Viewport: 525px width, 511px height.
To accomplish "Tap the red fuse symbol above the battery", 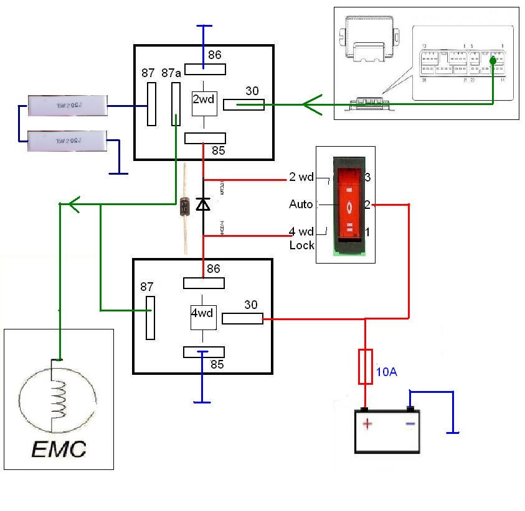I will pyautogui.click(x=366, y=366).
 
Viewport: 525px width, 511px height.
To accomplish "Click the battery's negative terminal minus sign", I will pyautogui.click(x=410, y=424).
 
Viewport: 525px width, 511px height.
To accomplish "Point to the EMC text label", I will pyautogui.click(x=60, y=448).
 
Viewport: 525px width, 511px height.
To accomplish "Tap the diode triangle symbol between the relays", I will pyautogui.click(x=203, y=203).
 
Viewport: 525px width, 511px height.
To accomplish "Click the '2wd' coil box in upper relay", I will pyautogui.click(x=204, y=99).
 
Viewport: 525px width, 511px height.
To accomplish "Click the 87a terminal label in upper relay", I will pyautogui.click(x=171, y=73).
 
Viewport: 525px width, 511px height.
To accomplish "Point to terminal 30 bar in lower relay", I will pyautogui.click(x=242, y=319).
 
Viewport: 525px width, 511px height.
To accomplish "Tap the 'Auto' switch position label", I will pyautogui.click(x=301, y=204).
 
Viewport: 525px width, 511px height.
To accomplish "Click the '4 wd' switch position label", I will pyautogui.click(x=301, y=232).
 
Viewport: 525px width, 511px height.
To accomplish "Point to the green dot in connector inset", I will pyautogui.click(x=493, y=61).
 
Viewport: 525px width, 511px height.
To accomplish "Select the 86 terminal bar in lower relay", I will pyautogui.click(x=204, y=283).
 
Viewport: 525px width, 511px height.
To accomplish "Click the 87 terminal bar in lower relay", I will pyautogui.click(x=150, y=318).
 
